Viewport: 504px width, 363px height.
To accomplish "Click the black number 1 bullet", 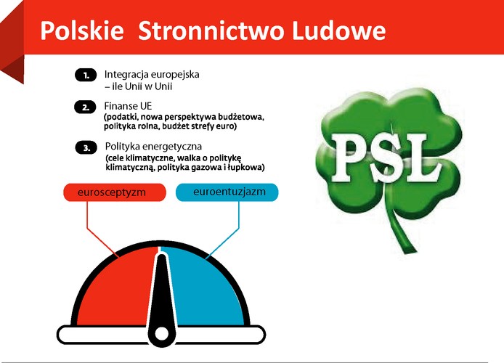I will point(86,75).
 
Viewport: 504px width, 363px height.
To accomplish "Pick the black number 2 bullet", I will point(86,107).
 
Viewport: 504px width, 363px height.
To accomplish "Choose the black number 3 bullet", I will point(86,148).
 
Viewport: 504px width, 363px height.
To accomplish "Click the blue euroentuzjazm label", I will point(227,192).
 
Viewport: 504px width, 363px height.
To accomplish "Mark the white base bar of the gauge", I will point(87,335).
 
